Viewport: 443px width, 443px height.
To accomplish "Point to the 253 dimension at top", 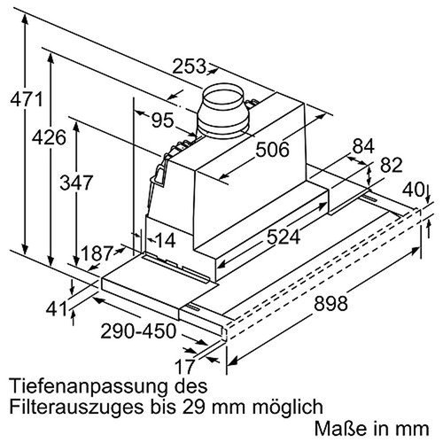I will [190, 66].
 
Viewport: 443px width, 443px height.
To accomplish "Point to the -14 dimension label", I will [164, 239].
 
